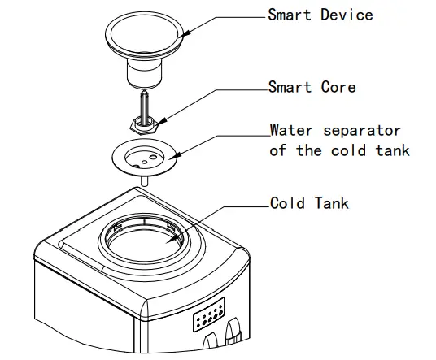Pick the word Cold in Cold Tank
[288, 203]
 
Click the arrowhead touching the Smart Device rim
[184, 32]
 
